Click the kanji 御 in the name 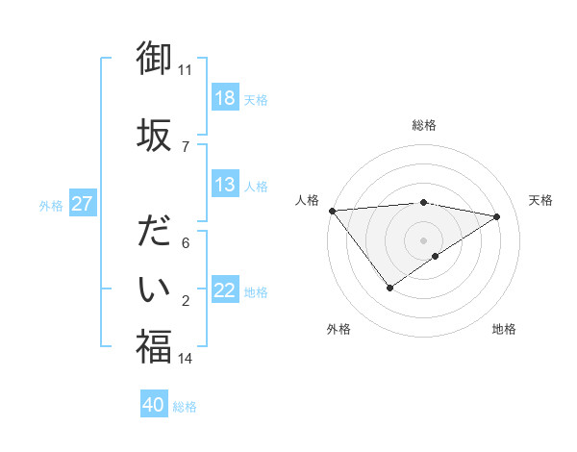(x=154, y=58)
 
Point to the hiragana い (x=154, y=288)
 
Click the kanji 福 (x=154, y=346)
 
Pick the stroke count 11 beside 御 (x=185, y=70)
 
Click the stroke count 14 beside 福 (x=185, y=359)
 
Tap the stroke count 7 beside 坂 (x=185, y=146)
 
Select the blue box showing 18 (x=224, y=98)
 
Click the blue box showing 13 (x=224, y=185)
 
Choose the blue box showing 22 (x=224, y=290)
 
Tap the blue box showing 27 (x=83, y=204)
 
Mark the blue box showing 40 (x=154, y=405)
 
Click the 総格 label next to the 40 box (x=186, y=407)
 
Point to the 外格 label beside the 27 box (x=51, y=205)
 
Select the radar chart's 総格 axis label (x=423, y=125)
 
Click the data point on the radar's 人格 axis (x=332, y=210)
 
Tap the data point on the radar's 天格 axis (x=497, y=216)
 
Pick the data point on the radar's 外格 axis (x=389, y=287)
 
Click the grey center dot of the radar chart (x=423, y=239)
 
